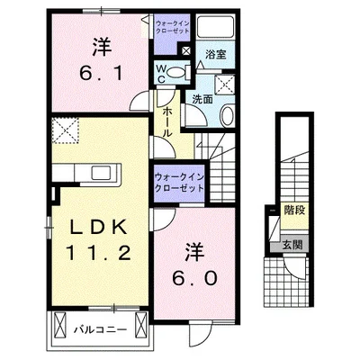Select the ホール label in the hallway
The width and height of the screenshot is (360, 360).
click(167, 119)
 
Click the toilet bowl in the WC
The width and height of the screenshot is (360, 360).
click(176, 69)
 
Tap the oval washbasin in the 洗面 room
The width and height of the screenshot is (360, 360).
click(226, 115)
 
